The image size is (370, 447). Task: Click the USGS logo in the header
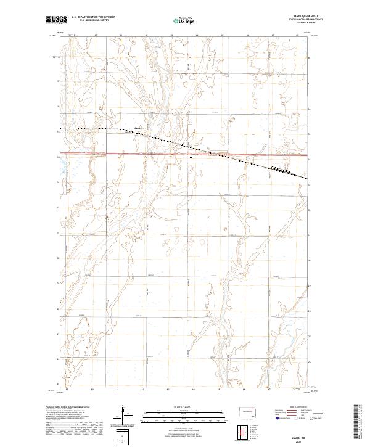tap(57, 20)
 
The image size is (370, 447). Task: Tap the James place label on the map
tap(139, 128)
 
